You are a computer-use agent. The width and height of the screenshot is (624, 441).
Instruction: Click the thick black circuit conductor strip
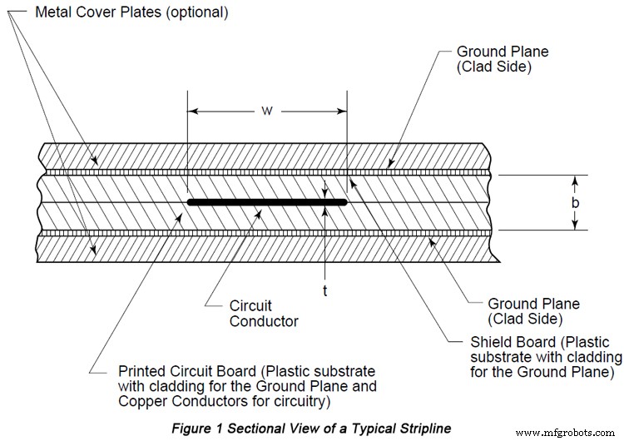(266, 201)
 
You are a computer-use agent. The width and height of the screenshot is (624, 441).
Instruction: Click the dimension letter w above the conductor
(265, 110)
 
